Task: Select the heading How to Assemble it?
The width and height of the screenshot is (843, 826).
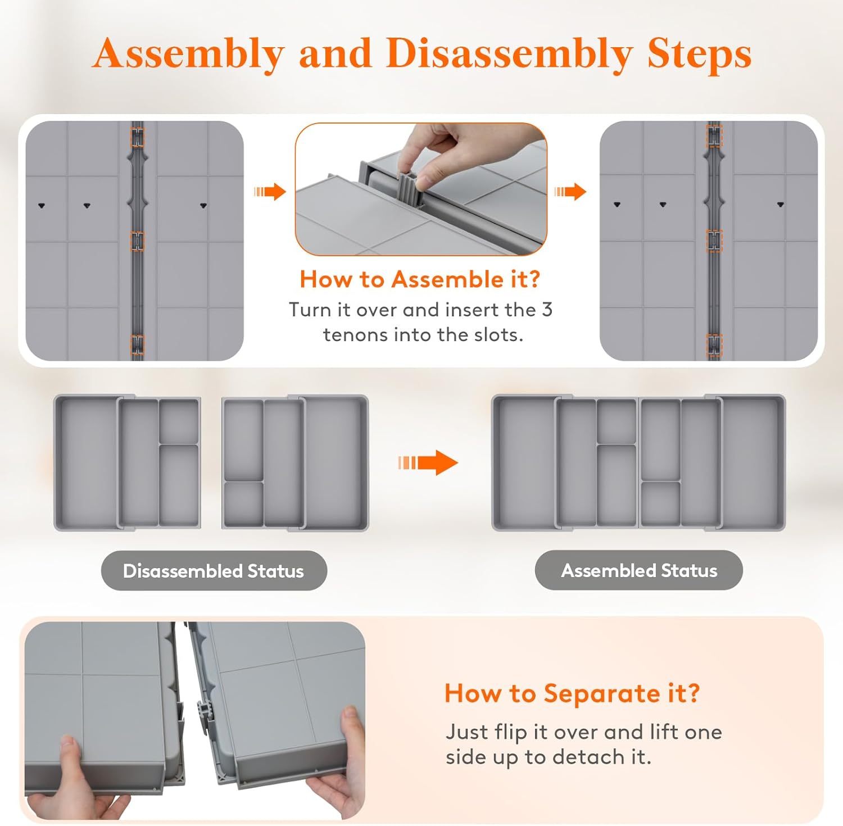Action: tap(419, 279)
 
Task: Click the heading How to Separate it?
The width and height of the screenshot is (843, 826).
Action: tap(572, 693)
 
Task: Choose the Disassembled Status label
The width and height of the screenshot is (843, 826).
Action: tap(214, 571)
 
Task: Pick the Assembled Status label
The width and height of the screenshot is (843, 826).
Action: tap(639, 570)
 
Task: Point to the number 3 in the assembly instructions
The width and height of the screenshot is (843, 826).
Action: tap(547, 310)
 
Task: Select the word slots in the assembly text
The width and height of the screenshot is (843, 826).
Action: tap(498, 335)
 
